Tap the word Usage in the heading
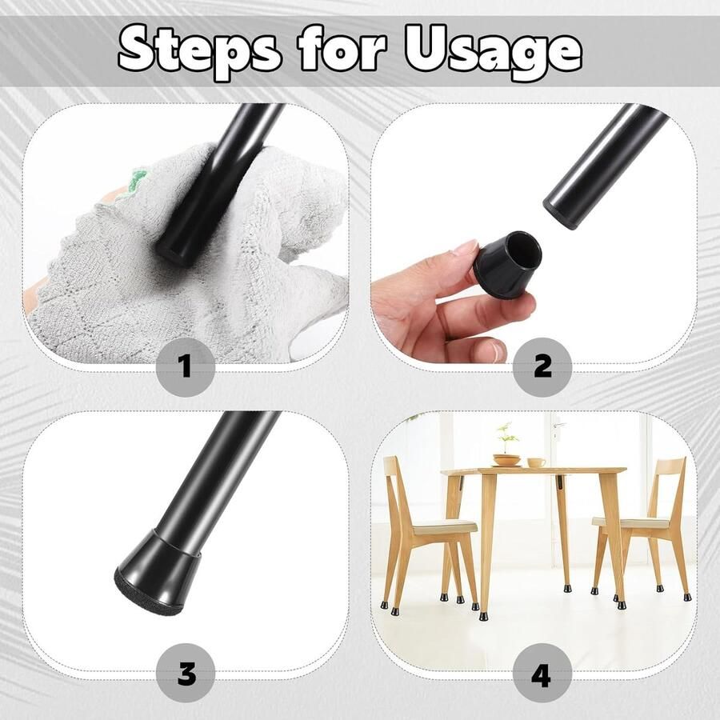click(x=494, y=54)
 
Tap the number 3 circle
click(x=186, y=673)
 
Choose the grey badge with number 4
click(x=542, y=673)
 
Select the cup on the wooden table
click(x=536, y=462)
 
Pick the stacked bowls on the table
click(x=507, y=460)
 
